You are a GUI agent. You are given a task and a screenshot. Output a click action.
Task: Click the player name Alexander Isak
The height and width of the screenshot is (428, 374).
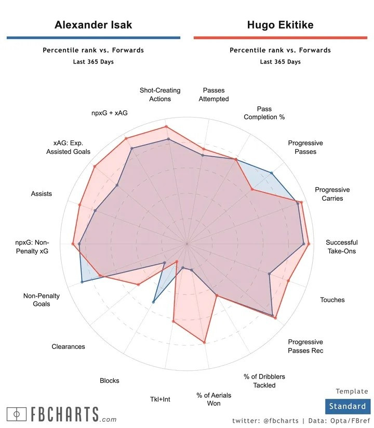tap(94, 25)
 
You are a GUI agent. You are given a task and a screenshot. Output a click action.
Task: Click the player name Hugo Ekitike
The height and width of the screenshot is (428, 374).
tap(280, 25)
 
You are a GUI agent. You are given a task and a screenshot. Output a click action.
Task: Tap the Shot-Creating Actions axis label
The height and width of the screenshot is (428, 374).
tap(160, 94)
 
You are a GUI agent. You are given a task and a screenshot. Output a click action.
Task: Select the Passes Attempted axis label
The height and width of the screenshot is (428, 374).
tap(213, 94)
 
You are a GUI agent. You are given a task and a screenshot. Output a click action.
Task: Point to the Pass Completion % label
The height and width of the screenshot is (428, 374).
tap(264, 113)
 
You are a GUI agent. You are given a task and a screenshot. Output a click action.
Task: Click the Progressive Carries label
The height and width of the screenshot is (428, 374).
tap(332, 194)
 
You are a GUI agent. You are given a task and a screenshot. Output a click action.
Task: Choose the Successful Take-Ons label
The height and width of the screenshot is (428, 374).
tap(341, 247)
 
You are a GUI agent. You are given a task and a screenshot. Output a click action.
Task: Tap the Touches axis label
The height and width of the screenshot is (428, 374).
tap(332, 300)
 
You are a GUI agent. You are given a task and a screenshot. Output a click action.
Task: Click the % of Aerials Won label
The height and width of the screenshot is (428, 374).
tap(213, 399)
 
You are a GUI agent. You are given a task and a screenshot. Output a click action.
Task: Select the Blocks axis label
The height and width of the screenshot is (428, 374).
tap(109, 381)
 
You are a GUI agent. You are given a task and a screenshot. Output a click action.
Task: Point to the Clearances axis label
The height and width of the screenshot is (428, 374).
tap(68, 347)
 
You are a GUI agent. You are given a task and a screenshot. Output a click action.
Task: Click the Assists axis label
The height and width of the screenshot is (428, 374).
tap(42, 194)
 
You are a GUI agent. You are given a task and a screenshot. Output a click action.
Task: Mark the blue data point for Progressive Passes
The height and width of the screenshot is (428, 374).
tap(271, 173)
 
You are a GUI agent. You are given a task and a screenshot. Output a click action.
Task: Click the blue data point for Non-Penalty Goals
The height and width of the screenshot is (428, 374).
tap(82, 282)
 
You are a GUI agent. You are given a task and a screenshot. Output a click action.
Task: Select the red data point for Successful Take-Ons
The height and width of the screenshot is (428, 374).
tap(309, 244)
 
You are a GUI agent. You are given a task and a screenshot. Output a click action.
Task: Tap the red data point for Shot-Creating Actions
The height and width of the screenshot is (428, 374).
tap(166, 126)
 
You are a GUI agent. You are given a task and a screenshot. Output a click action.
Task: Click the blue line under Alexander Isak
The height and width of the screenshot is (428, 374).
tap(94, 38)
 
